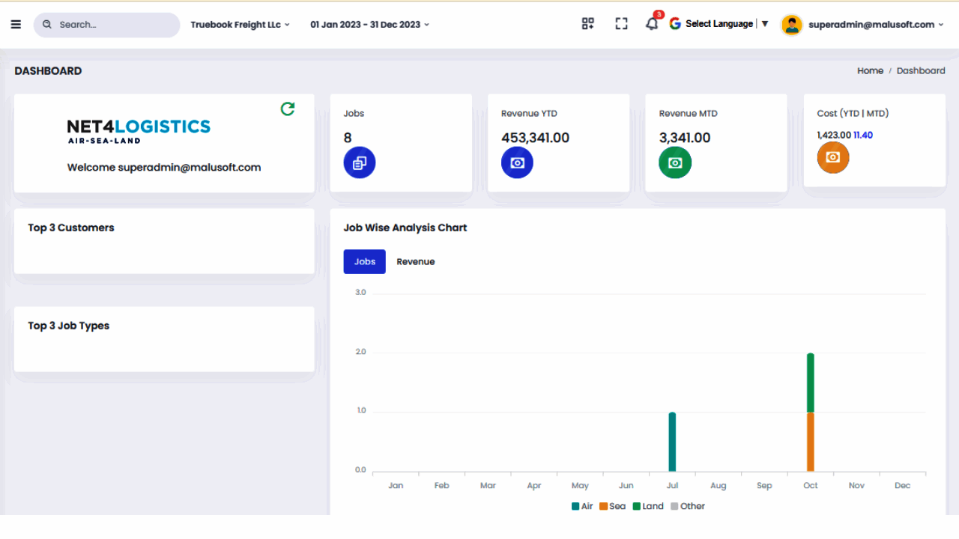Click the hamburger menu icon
pos(16,25)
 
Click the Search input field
pos(106,25)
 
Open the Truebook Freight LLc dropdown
pos(240,25)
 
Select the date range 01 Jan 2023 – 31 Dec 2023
pos(369,25)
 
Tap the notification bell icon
pos(652,24)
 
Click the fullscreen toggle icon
pos(621,23)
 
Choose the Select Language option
pos(719,24)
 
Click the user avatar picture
pos(792,25)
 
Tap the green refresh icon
pos(288,109)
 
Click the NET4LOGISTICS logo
pos(139,131)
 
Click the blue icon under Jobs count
pos(360,162)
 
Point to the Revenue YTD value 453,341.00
pos(535,138)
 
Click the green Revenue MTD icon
pos(675,162)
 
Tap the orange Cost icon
pos(833,157)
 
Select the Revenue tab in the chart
pos(416,262)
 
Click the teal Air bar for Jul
pos(672,442)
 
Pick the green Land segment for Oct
pos(811,383)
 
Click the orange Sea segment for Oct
pos(811,442)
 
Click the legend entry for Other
pos(688,507)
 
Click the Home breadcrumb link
pos(870,71)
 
